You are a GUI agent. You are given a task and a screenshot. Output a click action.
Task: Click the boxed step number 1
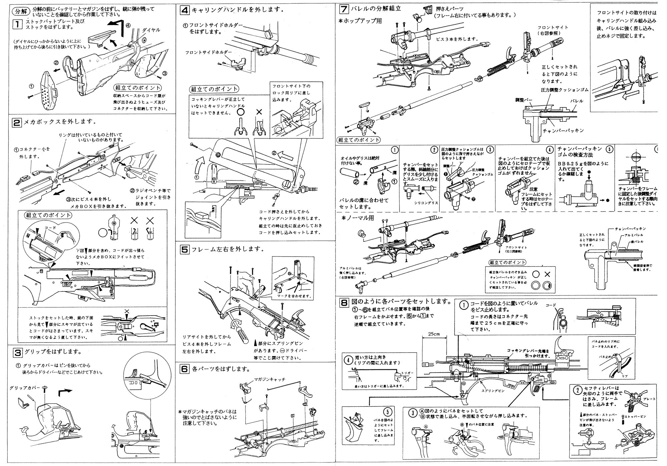[17, 24]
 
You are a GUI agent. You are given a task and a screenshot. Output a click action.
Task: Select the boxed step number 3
[17, 352]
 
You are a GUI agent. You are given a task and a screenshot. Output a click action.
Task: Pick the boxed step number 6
[184, 369]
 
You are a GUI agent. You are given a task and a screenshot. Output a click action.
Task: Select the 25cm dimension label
[434, 334]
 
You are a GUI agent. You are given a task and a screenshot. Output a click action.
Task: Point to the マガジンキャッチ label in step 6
[269, 379]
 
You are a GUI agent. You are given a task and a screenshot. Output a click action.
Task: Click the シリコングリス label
[426, 202]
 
